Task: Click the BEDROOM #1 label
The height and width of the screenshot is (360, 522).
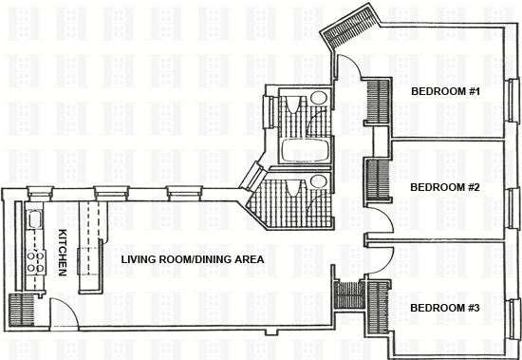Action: (x=445, y=91)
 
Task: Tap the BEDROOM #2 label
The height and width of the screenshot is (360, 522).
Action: (x=445, y=187)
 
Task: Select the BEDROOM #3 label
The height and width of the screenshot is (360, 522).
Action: (x=445, y=308)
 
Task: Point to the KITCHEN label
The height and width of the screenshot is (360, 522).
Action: (x=63, y=253)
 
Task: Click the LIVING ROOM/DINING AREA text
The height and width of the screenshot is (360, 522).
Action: (x=193, y=259)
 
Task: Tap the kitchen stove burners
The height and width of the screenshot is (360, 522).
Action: (x=36, y=261)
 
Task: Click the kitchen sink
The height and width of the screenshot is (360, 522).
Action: (x=34, y=220)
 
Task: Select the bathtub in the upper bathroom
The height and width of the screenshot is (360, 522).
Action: (x=305, y=151)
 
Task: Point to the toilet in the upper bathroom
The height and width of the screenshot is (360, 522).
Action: (x=319, y=98)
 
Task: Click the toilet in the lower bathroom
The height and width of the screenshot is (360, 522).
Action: (x=319, y=181)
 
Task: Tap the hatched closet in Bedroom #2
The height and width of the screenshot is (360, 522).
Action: (x=378, y=180)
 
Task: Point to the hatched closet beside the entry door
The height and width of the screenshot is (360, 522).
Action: (x=21, y=310)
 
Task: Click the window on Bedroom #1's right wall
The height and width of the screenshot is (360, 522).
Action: (x=514, y=100)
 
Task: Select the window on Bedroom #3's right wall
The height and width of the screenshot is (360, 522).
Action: (x=514, y=319)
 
